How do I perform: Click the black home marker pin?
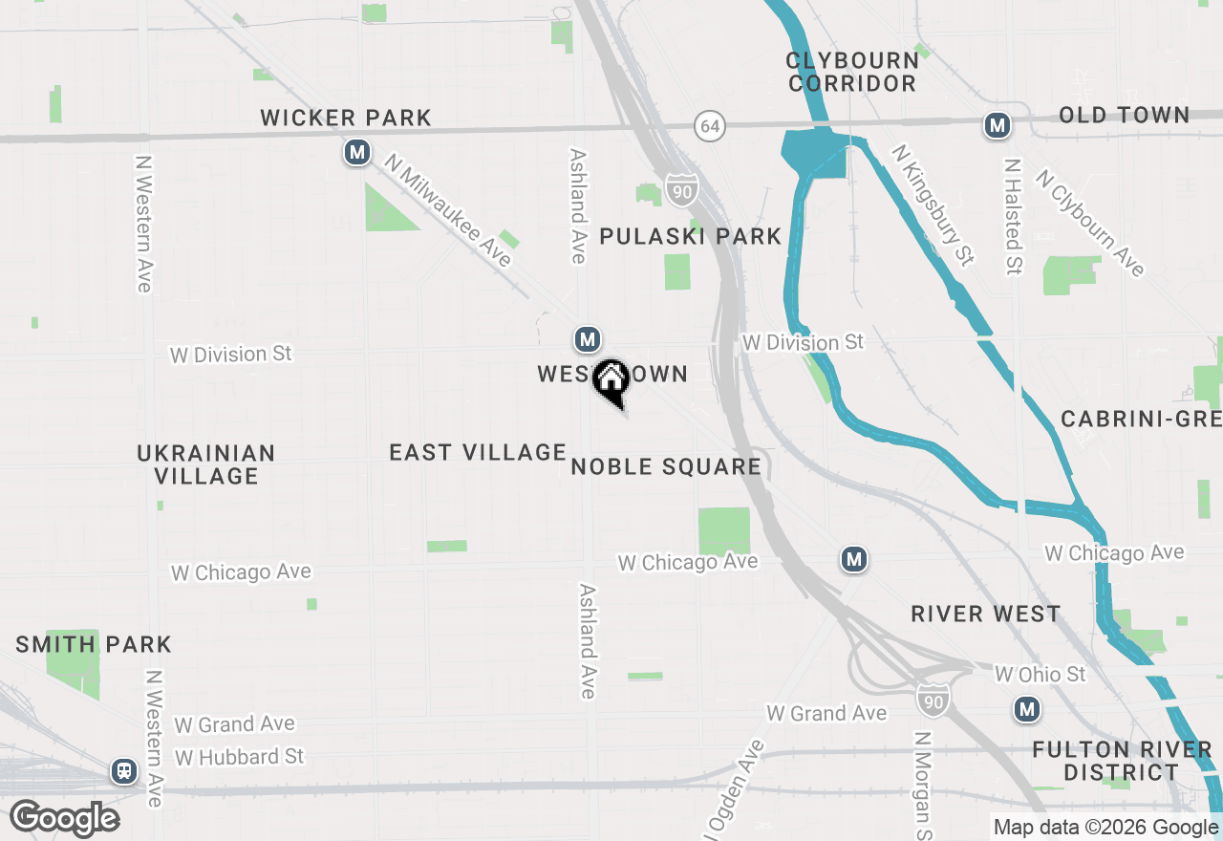(611, 380)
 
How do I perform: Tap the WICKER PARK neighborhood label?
(346, 119)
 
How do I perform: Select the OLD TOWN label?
(1124, 116)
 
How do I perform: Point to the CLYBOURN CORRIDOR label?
(852, 72)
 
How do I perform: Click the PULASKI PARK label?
(690, 236)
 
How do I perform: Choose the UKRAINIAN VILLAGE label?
(205, 464)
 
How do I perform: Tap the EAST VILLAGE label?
(478, 452)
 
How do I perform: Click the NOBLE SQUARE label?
(665, 466)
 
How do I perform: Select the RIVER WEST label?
(985, 614)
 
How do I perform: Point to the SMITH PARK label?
(94, 644)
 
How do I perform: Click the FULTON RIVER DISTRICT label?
(1121, 761)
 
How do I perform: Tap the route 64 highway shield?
(708, 125)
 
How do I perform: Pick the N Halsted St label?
(1012, 217)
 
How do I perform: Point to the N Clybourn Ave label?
(1090, 223)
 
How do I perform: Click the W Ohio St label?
(1040, 675)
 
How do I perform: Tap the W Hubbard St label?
(239, 757)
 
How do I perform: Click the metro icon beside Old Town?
(997, 125)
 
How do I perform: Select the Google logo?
(64, 818)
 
